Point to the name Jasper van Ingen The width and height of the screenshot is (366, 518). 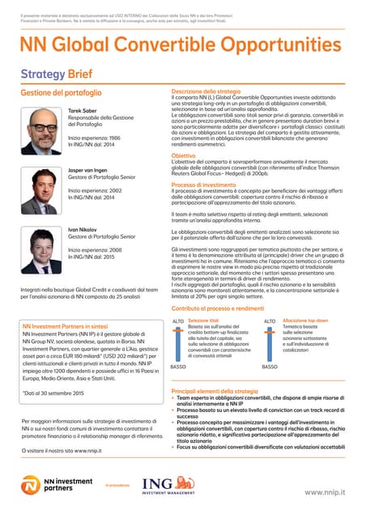point(90,171)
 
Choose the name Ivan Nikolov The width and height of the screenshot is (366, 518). point(83,229)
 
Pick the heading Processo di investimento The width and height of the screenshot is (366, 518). point(202,185)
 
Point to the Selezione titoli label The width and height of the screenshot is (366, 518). point(203,321)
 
